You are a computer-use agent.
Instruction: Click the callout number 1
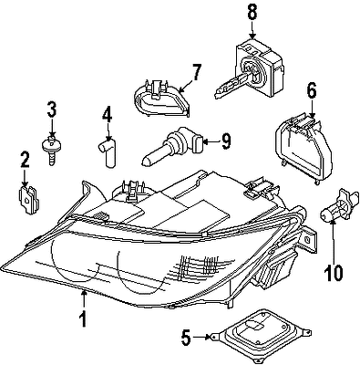click(83, 318)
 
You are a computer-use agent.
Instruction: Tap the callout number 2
click(25, 160)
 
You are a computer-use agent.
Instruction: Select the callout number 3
click(52, 109)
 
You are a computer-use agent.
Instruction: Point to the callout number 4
click(107, 116)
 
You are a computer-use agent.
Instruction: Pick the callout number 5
click(186, 338)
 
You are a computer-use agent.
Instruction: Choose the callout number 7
click(196, 72)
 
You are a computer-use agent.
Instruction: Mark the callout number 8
click(252, 13)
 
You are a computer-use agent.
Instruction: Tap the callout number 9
click(226, 141)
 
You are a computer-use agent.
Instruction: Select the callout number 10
click(334, 273)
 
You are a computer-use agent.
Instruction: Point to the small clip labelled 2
click(29, 201)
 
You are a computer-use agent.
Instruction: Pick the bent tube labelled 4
click(108, 151)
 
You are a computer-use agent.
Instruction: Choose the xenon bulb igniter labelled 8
click(251, 68)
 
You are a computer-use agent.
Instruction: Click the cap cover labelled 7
click(161, 98)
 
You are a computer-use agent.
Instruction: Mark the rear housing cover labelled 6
click(303, 149)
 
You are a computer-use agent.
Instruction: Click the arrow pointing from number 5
click(201, 337)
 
